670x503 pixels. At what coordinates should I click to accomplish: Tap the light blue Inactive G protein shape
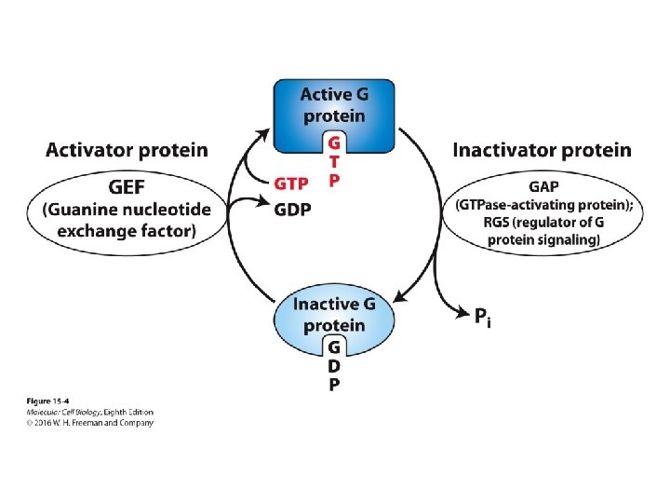[x=334, y=315]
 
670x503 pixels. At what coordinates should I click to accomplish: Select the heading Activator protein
[x=127, y=150]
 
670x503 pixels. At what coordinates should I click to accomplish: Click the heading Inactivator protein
[x=542, y=150]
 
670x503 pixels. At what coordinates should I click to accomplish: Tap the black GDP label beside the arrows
[x=292, y=210]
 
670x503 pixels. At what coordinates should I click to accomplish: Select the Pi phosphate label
[x=481, y=317]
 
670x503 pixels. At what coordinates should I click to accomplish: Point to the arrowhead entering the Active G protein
[x=263, y=132]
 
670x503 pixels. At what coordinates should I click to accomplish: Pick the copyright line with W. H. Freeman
[x=89, y=422]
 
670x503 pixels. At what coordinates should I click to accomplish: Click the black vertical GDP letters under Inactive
[x=335, y=366]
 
